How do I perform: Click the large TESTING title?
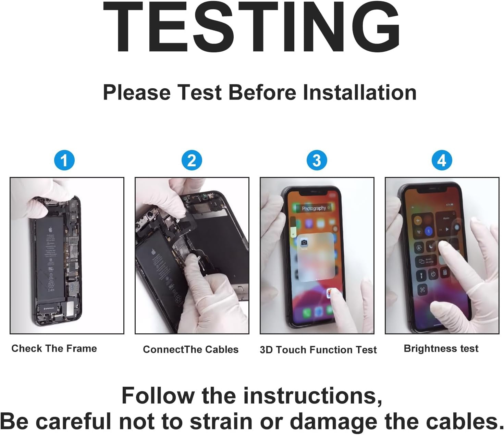(x=252, y=27)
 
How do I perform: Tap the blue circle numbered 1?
(x=64, y=160)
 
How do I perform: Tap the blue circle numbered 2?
(x=192, y=160)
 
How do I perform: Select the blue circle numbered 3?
(x=317, y=160)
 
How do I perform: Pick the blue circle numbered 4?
(x=442, y=160)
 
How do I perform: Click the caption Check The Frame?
(x=54, y=348)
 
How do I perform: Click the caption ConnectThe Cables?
(x=190, y=349)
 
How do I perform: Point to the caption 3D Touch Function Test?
(x=318, y=350)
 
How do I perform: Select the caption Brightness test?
(x=441, y=348)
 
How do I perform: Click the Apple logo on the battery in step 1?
(x=50, y=229)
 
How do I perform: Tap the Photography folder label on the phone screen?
(x=314, y=208)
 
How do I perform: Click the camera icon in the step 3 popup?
(x=304, y=243)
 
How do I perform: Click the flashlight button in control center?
(x=421, y=275)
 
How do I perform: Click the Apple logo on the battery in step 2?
(x=153, y=252)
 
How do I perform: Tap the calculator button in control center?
(x=445, y=273)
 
